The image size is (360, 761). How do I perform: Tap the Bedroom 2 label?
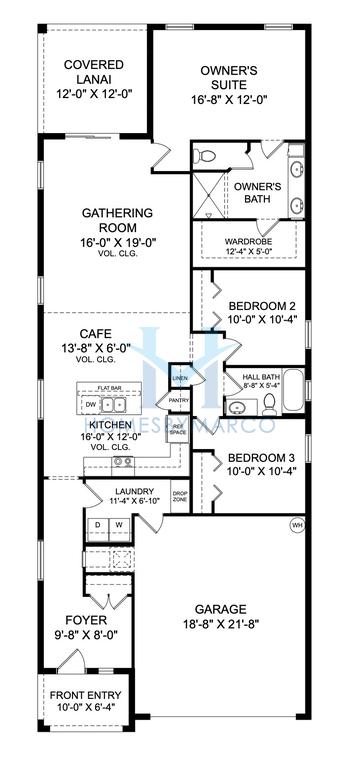[262, 306]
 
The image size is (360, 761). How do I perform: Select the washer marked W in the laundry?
[119, 524]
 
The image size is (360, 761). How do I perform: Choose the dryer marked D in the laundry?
[98, 524]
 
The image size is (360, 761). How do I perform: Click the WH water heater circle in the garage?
[297, 526]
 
